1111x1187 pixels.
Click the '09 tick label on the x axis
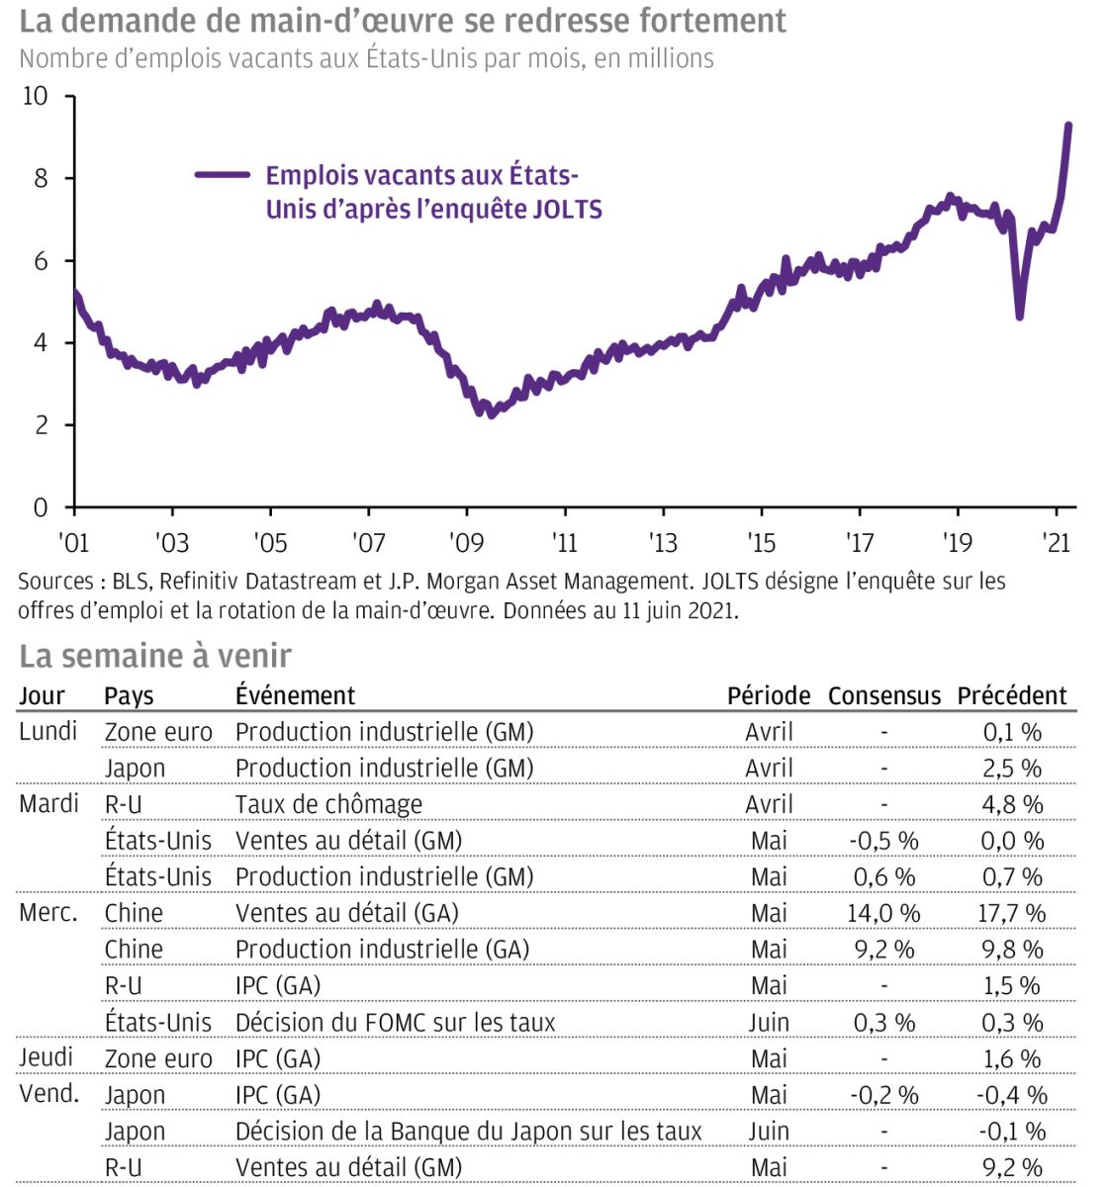click(466, 542)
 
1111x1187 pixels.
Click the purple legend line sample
click(223, 175)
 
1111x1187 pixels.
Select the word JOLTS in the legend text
click(568, 210)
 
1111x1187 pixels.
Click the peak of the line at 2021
click(1068, 126)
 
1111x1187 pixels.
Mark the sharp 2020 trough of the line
click(1019, 316)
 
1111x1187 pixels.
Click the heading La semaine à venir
click(155, 655)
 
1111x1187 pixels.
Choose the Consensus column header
click(884, 695)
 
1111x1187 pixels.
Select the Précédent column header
click(1012, 695)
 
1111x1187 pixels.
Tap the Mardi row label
click(48, 803)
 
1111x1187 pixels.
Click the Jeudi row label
click(46, 1057)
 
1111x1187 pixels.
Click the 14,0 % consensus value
click(883, 913)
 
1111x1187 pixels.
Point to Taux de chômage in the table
click(328, 804)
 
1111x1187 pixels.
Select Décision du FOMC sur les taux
click(395, 1022)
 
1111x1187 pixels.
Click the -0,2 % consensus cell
click(883, 1095)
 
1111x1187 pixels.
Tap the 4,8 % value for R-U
click(1012, 804)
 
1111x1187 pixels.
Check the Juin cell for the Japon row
click(769, 1131)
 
